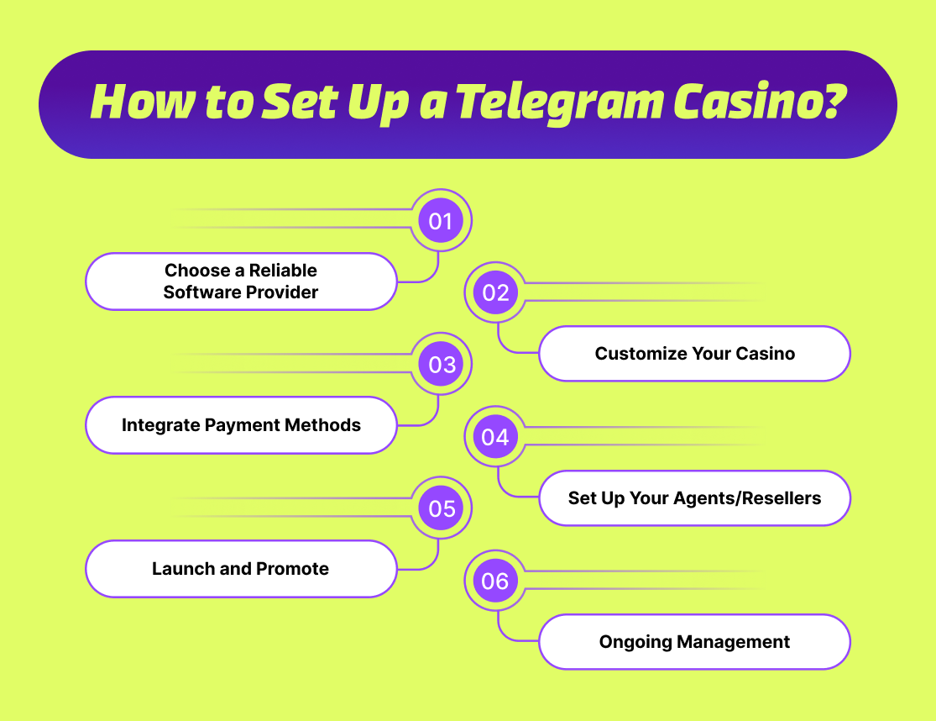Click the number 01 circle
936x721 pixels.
[x=441, y=221]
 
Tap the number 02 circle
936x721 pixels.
[x=495, y=292]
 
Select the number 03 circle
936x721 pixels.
[x=441, y=366]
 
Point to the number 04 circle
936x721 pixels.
[x=495, y=437]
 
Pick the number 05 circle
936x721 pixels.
[x=441, y=509]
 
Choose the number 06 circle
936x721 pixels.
[x=495, y=582]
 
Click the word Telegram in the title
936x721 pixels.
[x=571, y=103]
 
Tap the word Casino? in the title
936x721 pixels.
[x=767, y=101]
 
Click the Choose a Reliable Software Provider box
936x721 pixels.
[x=241, y=282]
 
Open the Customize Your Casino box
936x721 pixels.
[x=694, y=354]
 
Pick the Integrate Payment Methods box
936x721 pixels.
[x=241, y=425]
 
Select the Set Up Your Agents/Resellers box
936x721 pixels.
[x=694, y=498]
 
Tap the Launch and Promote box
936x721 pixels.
[x=241, y=569]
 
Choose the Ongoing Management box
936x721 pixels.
[x=694, y=642]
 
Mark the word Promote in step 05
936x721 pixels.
[x=292, y=569]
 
